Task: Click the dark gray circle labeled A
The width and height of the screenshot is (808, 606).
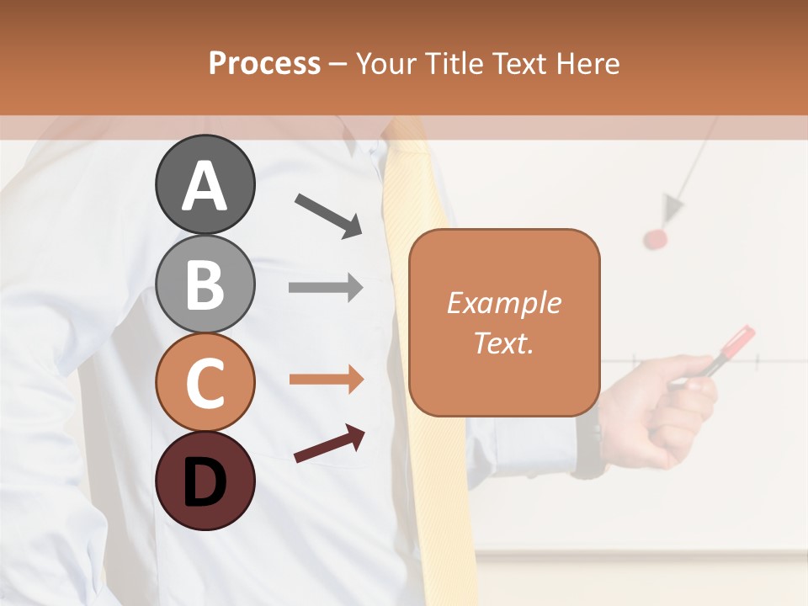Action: click(x=205, y=184)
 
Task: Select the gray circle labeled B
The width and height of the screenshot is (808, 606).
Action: click(x=205, y=284)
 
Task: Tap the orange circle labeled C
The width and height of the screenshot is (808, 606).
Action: click(x=205, y=382)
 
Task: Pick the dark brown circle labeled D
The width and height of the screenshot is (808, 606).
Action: click(x=205, y=481)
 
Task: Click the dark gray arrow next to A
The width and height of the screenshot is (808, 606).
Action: click(x=328, y=215)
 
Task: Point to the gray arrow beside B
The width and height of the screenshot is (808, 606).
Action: click(x=326, y=288)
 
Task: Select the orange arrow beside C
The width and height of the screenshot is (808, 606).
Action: click(x=326, y=380)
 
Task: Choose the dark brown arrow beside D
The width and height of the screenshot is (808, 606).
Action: click(x=329, y=444)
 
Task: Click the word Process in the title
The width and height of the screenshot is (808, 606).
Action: click(x=264, y=63)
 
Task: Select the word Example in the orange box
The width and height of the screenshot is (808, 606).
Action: click(x=503, y=303)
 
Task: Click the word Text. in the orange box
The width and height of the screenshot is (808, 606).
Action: click(x=503, y=343)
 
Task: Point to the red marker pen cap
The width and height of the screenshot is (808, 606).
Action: click(x=739, y=341)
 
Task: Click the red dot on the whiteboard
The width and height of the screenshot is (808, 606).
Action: click(x=656, y=239)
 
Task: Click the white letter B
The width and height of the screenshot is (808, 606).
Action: click(x=205, y=284)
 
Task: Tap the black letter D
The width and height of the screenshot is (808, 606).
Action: click(x=205, y=481)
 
